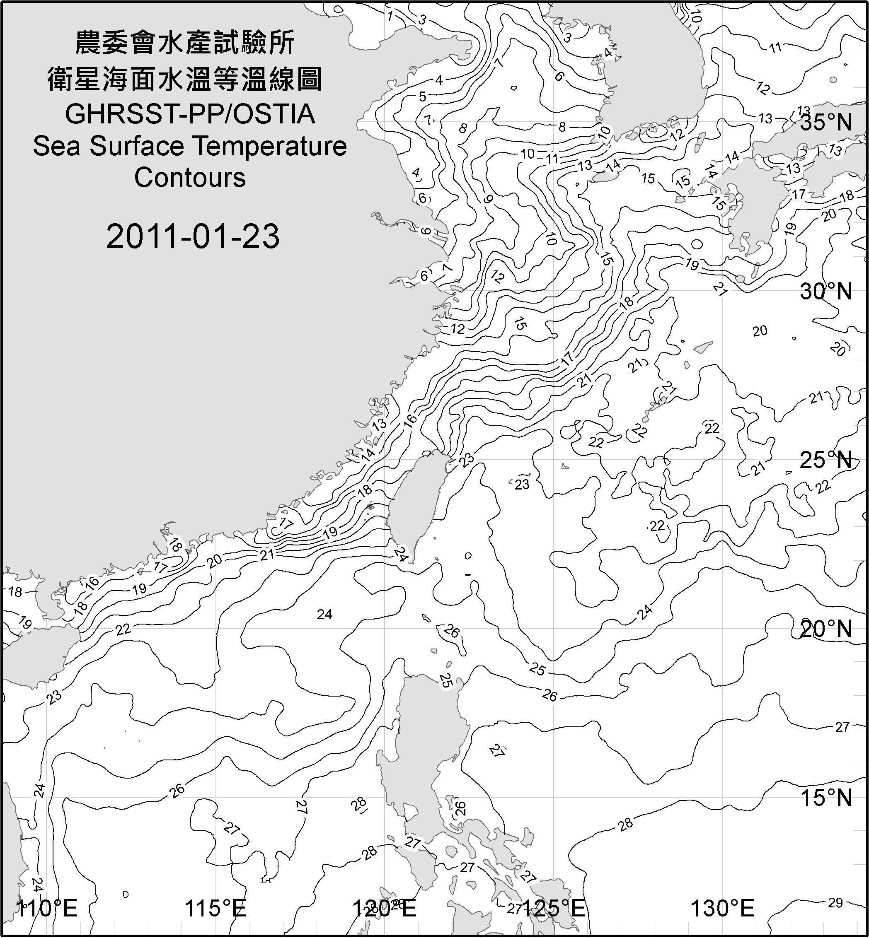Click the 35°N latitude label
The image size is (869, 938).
point(826,123)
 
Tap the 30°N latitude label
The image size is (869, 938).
point(826,292)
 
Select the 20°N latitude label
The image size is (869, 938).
point(826,629)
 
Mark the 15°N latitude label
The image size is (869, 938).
point(826,798)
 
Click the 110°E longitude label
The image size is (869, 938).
point(47,909)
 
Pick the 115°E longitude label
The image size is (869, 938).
point(216,909)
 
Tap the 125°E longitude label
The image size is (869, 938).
point(554,909)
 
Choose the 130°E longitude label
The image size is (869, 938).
point(723,909)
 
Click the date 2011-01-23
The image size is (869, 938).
point(193,236)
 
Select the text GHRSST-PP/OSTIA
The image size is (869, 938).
point(190,114)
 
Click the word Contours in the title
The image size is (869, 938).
point(190,178)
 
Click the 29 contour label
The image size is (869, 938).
point(835,903)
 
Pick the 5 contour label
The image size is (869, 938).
point(422,97)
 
